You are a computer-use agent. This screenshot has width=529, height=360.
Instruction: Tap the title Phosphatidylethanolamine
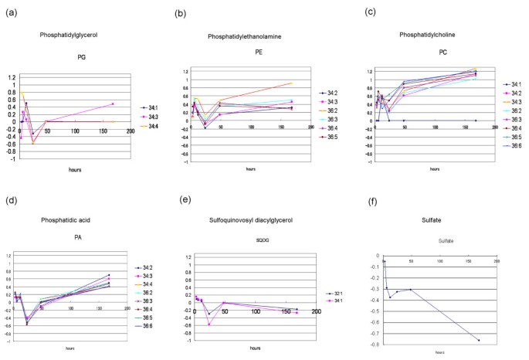click(246, 36)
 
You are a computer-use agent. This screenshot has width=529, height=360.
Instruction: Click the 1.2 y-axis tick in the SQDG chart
click(186, 256)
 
